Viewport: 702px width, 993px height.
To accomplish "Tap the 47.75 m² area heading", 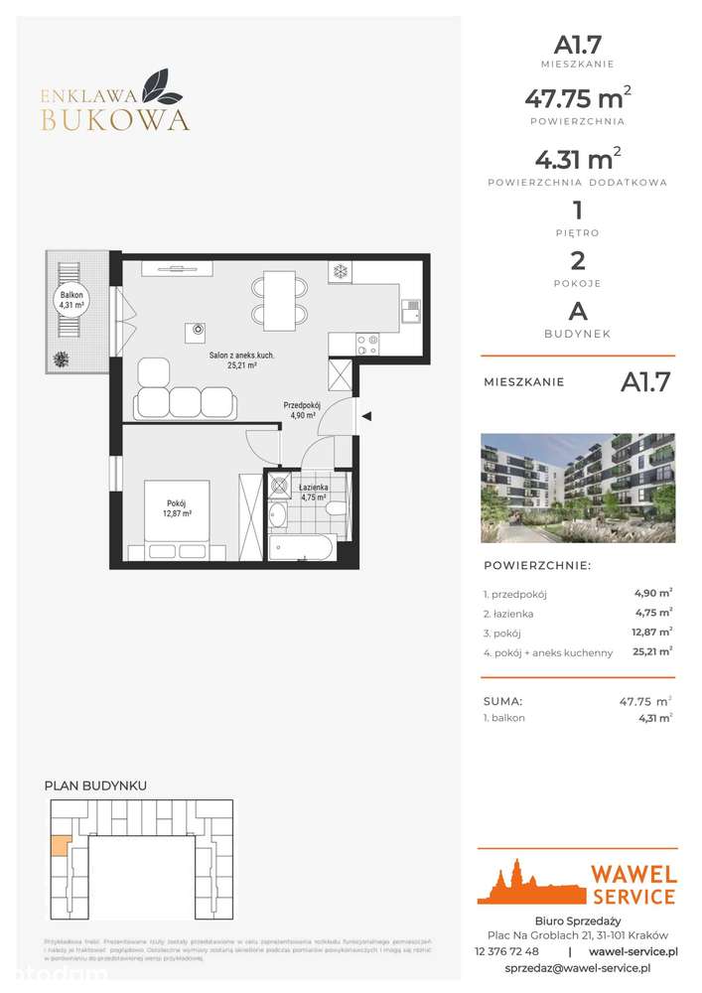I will coord(576,98).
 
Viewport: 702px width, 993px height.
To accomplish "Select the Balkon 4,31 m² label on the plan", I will coord(71,299).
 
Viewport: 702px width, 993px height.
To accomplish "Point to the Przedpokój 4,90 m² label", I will coord(299,410).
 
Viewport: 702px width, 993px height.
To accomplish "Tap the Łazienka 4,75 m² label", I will coord(316,494).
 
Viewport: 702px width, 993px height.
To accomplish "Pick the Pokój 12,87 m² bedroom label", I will coord(178,508).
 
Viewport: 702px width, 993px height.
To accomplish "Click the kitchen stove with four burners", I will coord(365,344).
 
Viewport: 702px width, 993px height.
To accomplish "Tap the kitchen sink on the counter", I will coord(410,314).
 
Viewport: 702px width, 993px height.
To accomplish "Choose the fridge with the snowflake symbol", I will coord(339,271).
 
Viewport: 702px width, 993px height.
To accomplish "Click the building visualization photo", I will coord(577,488).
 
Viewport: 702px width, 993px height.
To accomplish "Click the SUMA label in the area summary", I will coord(502,701).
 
